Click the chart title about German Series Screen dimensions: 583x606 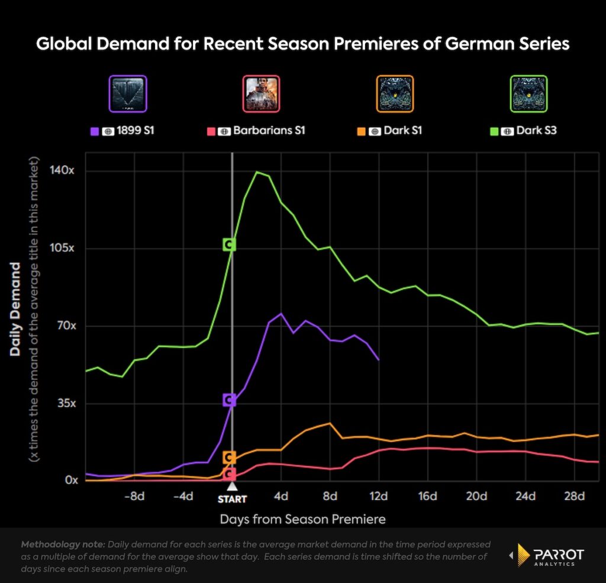(302, 44)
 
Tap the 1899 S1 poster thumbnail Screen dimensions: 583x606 (127, 94)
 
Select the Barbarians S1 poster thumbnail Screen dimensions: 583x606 (262, 94)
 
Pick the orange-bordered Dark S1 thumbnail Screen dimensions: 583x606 (394, 94)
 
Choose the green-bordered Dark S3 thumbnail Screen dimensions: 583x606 (528, 94)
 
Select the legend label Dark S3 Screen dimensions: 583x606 (537, 130)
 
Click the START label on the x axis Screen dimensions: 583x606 (232, 498)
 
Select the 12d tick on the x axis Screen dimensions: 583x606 (379, 496)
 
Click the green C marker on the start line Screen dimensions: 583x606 (230, 244)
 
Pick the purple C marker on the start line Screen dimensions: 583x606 (230, 400)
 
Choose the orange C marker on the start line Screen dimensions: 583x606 (230, 457)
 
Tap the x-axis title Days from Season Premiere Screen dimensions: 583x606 (302, 519)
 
